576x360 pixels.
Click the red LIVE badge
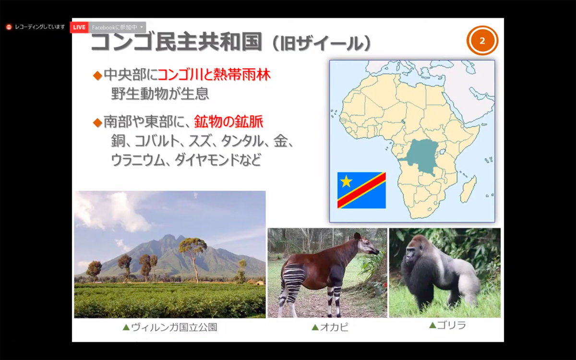79,27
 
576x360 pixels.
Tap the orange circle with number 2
482,41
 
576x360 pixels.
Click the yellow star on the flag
346,181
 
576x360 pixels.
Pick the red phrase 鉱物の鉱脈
228,121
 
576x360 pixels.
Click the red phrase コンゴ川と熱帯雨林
214,75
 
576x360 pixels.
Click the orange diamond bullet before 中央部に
98,76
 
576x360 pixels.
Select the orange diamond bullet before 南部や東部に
98,123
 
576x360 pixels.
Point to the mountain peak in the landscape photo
168,235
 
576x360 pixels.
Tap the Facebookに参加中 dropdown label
114,27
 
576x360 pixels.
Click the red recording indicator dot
9,27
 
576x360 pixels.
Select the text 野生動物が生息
160,94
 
